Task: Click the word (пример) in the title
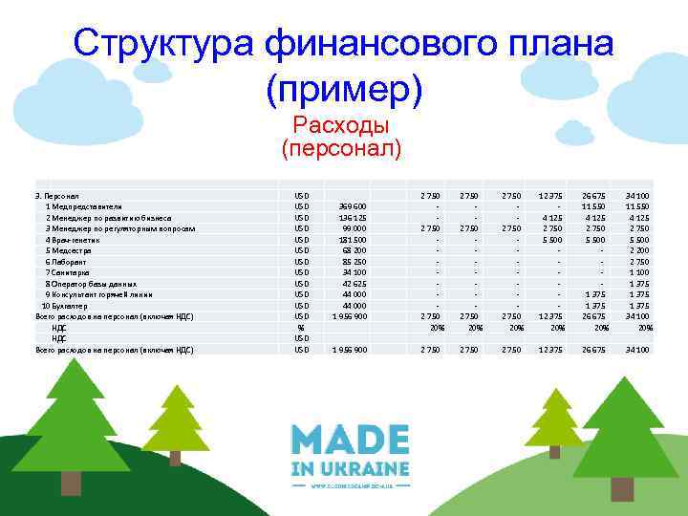point(343,87)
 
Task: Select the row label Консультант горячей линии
point(99,294)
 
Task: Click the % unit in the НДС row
point(301,328)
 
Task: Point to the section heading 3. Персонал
point(56,195)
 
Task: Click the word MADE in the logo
point(351,442)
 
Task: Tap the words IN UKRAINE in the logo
point(351,469)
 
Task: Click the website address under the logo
point(351,485)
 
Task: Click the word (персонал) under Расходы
point(342,149)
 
